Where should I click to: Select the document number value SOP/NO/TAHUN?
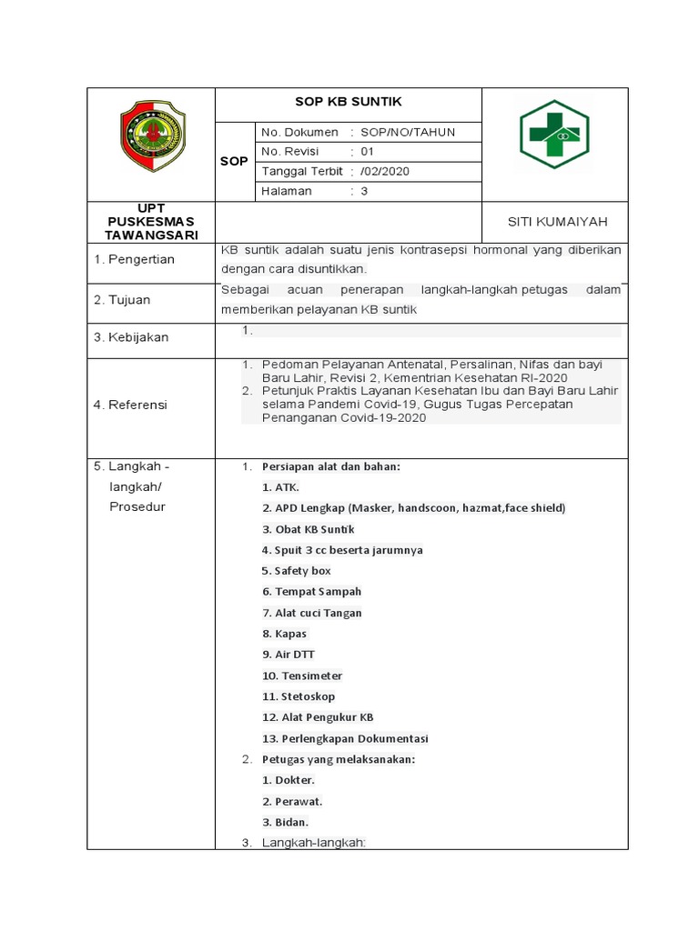point(408,132)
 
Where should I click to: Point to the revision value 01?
point(367,152)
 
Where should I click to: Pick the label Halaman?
point(287,191)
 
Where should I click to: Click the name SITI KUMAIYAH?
point(557,222)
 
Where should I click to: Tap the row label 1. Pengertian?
point(134,259)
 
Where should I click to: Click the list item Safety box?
point(296,571)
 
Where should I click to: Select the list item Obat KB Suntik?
point(309,529)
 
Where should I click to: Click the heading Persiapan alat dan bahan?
point(330,466)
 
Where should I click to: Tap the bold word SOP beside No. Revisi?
point(234,162)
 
